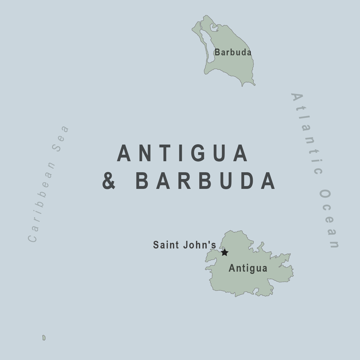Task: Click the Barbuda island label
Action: [x=233, y=52]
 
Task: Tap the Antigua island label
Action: [x=248, y=268]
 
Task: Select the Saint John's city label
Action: [x=184, y=245]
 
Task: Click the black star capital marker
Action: [x=224, y=252]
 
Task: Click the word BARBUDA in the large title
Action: [x=206, y=181]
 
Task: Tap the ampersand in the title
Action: [x=109, y=181]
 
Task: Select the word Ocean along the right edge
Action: [x=329, y=219]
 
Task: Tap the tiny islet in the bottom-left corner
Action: [x=44, y=338]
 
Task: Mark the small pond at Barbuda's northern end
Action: [x=213, y=28]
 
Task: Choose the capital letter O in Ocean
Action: [x=325, y=195]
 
